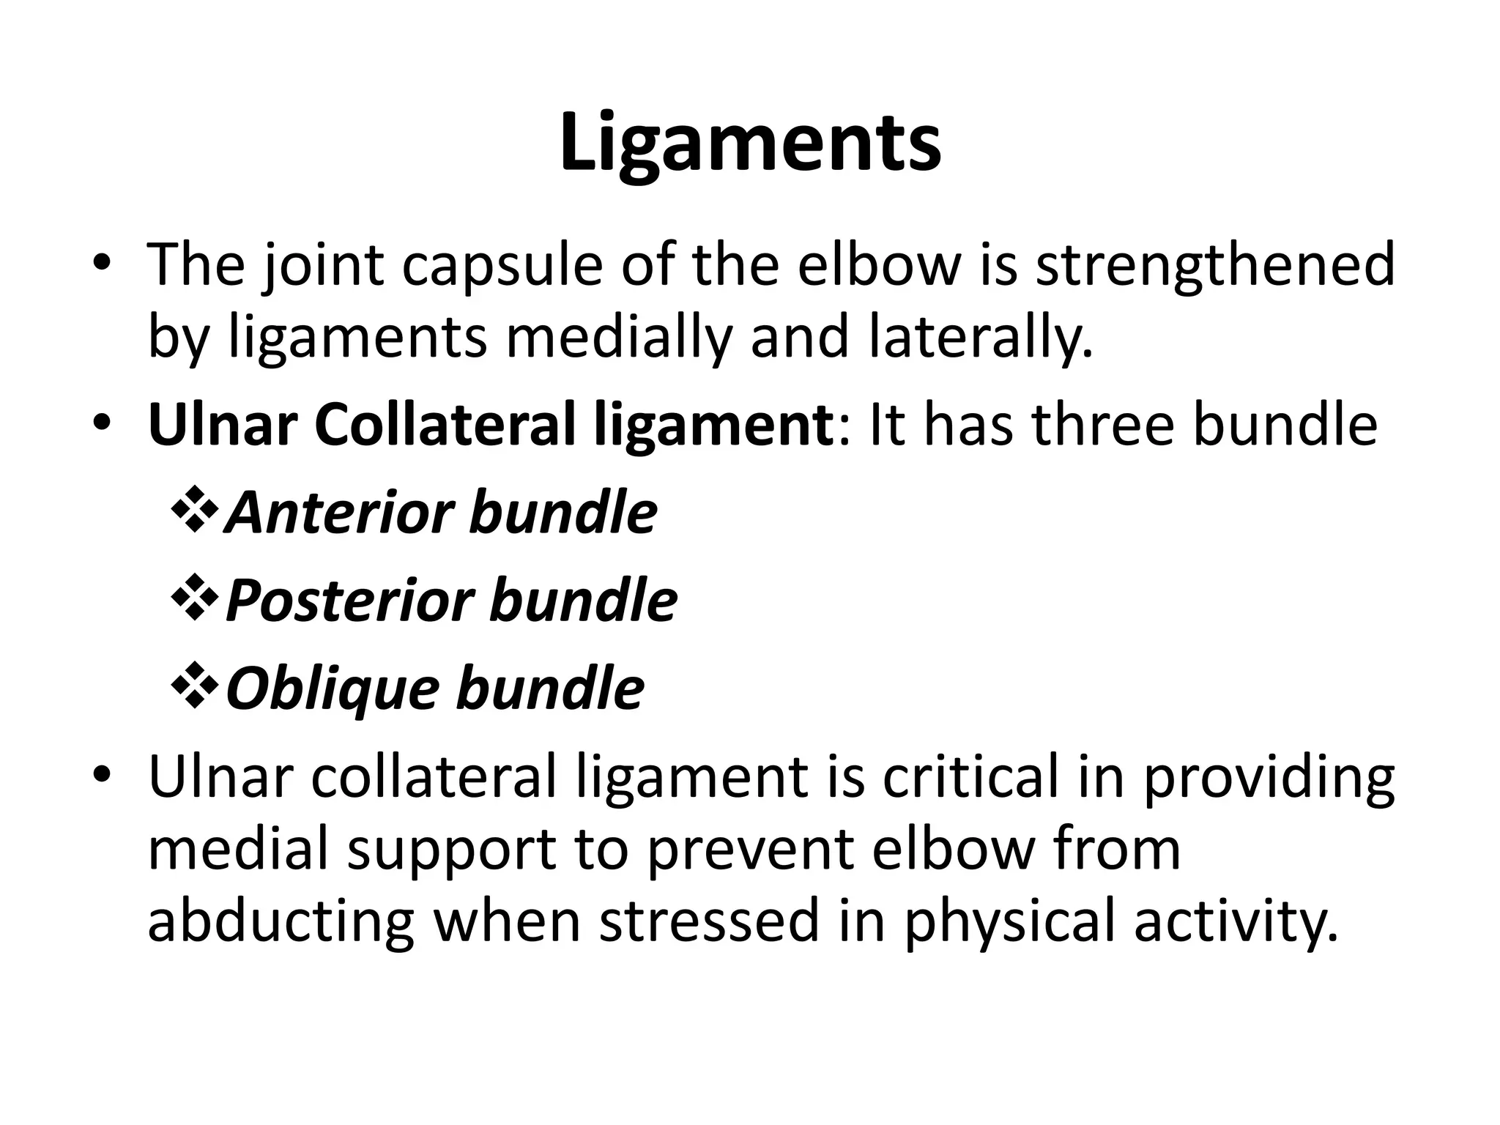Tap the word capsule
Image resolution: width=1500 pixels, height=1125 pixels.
(502, 265)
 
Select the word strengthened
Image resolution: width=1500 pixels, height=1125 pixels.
(1215, 265)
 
